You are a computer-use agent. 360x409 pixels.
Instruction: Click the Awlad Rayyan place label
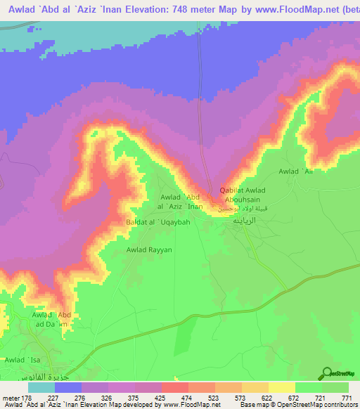[x=149, y=249]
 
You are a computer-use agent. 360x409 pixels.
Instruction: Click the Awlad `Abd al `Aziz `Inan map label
[x=182, y=202]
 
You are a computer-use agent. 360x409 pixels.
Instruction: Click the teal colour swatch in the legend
[x=41, y=387]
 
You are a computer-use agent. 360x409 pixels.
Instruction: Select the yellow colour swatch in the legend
[x=282, y=387]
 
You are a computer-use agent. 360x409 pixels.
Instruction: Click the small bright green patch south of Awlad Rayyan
[x=183, y=338]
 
